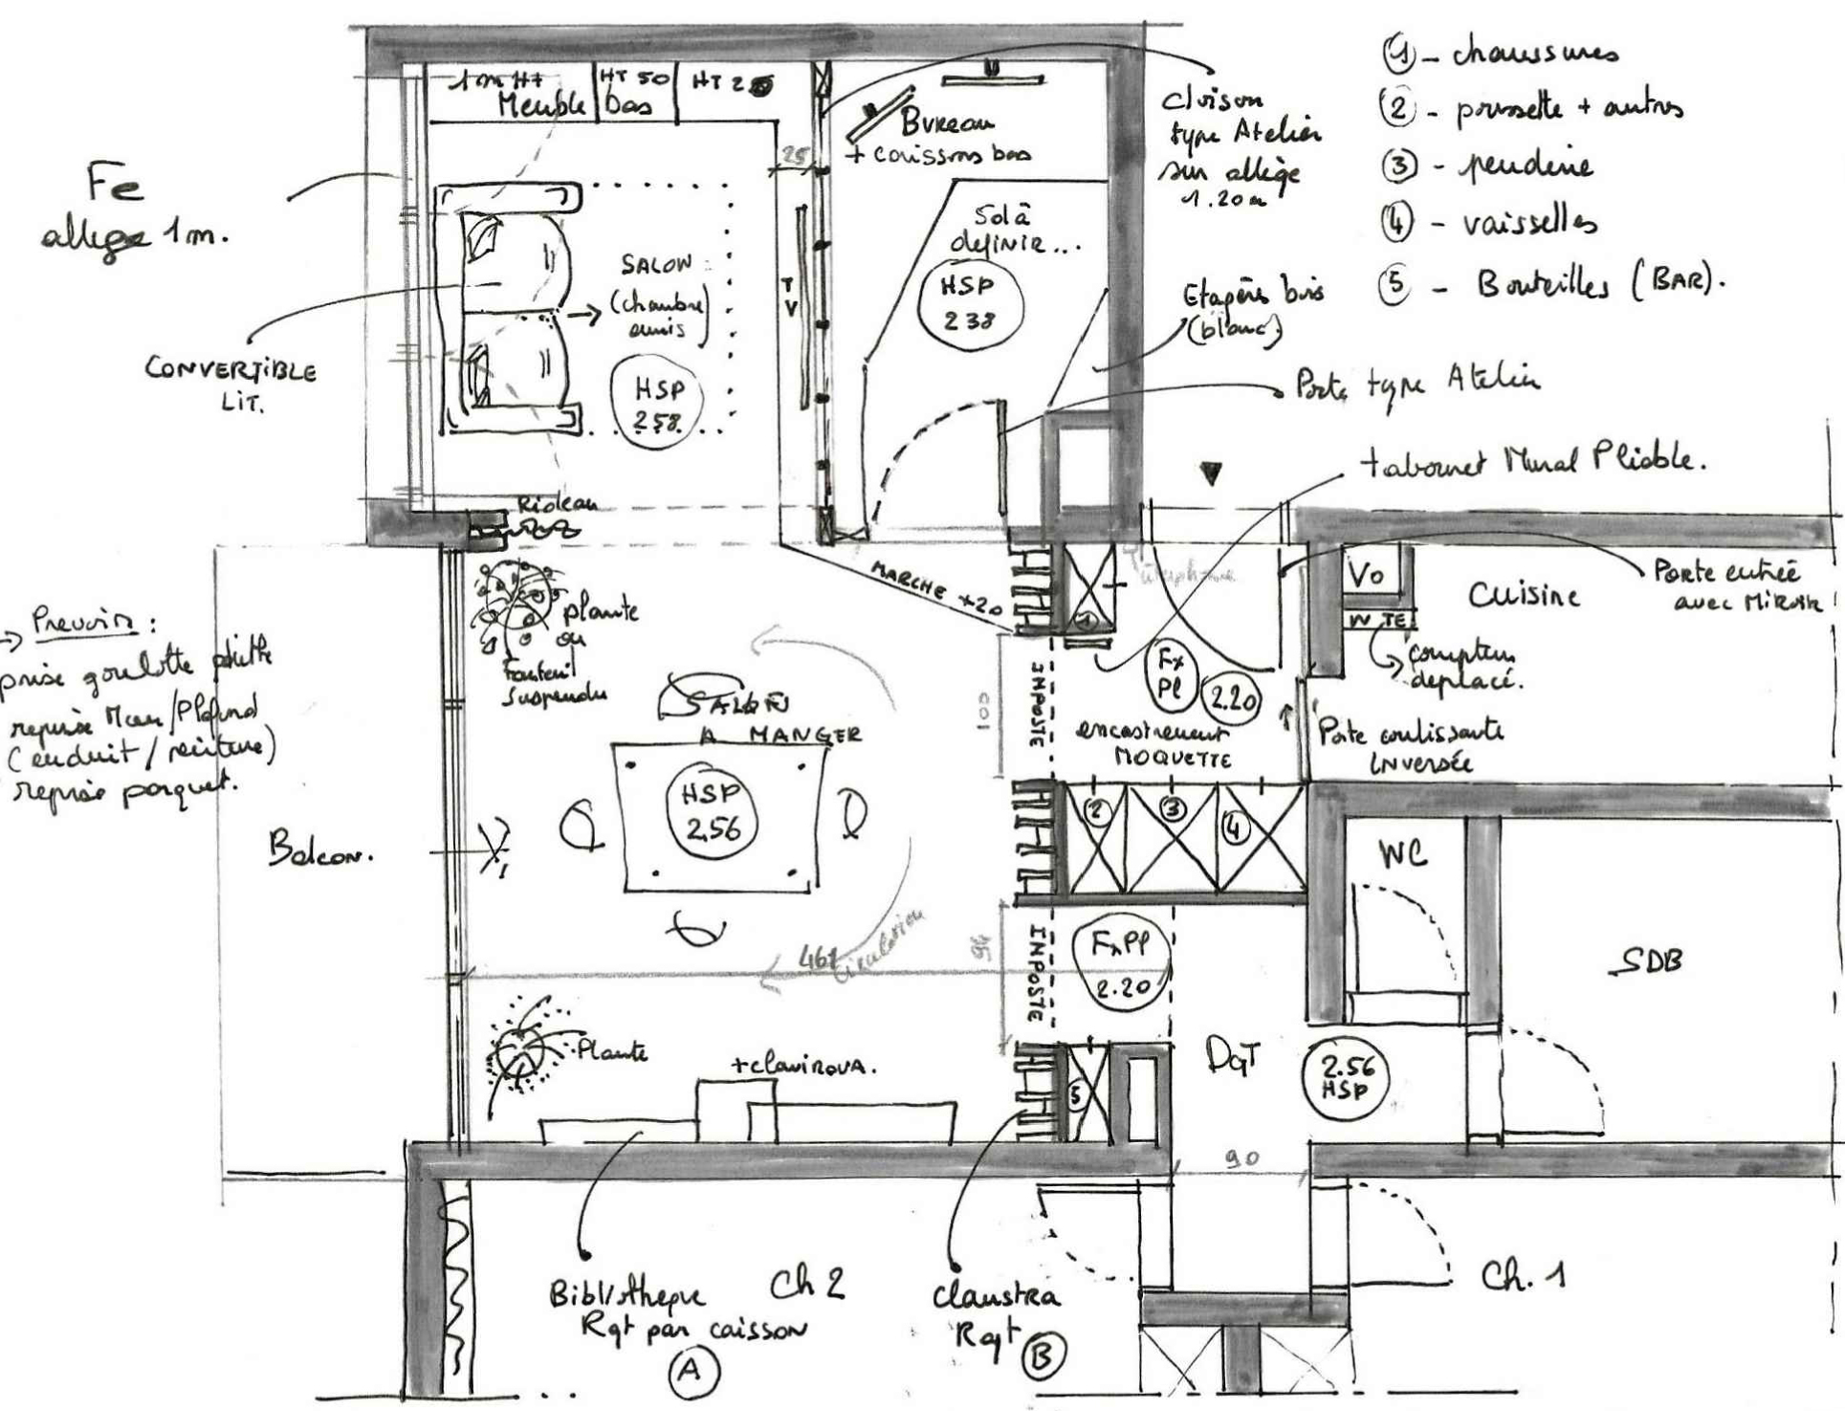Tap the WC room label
(1403, 852)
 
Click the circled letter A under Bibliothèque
(691, 1371)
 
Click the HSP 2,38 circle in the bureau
(969, 303)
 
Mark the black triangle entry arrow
(1211, 473)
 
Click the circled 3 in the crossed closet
(1174, 808)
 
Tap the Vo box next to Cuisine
(1366, 575)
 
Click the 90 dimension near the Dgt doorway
(1242, 1158)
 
